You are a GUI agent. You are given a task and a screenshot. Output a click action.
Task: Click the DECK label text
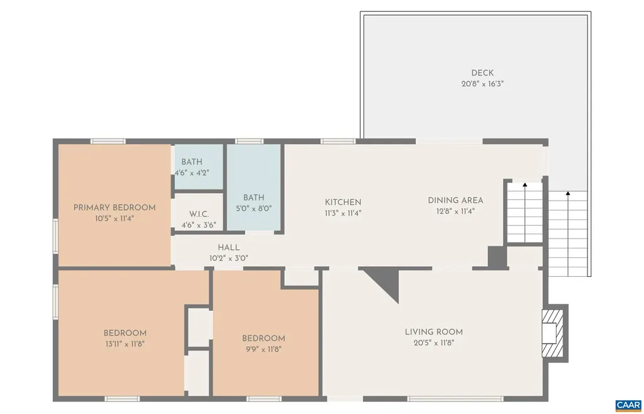(482, 72)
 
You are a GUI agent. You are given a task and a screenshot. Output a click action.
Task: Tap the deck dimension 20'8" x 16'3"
(482, 83)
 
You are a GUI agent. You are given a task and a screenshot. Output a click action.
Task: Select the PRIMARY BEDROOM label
(114, 208)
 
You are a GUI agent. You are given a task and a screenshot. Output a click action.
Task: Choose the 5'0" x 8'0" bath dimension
(254, 208)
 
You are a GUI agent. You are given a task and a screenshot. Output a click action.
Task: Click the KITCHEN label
(343, 202)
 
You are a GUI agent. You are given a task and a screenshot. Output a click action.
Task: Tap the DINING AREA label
(455, 200)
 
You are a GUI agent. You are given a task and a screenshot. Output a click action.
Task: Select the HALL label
(228, 247)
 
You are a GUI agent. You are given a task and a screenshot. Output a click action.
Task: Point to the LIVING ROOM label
(434, 332)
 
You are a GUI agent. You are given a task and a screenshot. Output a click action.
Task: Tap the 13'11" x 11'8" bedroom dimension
(125, 344)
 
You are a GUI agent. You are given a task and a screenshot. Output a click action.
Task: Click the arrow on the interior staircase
(525, 185)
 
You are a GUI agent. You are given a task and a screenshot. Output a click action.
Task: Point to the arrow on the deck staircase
(568, 194)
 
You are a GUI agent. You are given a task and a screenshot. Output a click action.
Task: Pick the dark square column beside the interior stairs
(497, 257)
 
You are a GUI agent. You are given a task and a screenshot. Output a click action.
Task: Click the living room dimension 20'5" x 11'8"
(434, 343)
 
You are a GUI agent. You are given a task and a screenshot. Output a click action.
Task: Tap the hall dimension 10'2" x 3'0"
(228, 258)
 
